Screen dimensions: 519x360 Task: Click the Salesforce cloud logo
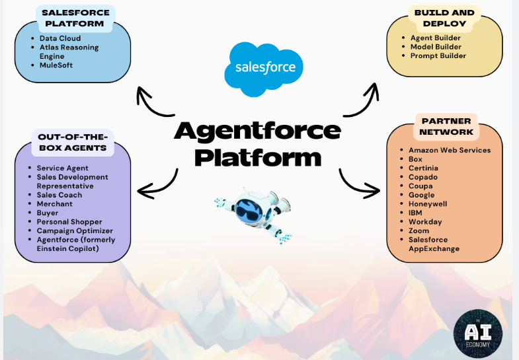[264, 69]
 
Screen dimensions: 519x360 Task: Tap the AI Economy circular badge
[477, 334]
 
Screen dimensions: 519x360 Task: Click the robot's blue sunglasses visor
[249, 210]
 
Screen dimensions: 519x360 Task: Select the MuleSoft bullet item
[56, 65]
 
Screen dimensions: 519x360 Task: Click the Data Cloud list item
[60, 38]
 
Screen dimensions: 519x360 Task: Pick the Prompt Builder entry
[438, 56]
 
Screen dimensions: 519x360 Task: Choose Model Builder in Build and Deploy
[436, 47]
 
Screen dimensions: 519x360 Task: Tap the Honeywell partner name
[428, 204]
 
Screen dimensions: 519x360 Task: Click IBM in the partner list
[415, 213]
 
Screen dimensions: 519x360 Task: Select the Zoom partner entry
[419, 231]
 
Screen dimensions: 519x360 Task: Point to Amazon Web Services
[450, 150]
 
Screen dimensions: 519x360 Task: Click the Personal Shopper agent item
[69, 222]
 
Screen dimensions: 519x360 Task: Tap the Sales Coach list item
[60, 195]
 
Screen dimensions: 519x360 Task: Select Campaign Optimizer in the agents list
[75, 231]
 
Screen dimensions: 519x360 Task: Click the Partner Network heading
[446, 126]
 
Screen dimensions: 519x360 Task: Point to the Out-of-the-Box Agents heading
[73, 142]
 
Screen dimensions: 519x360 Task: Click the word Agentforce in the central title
[257, 131]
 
